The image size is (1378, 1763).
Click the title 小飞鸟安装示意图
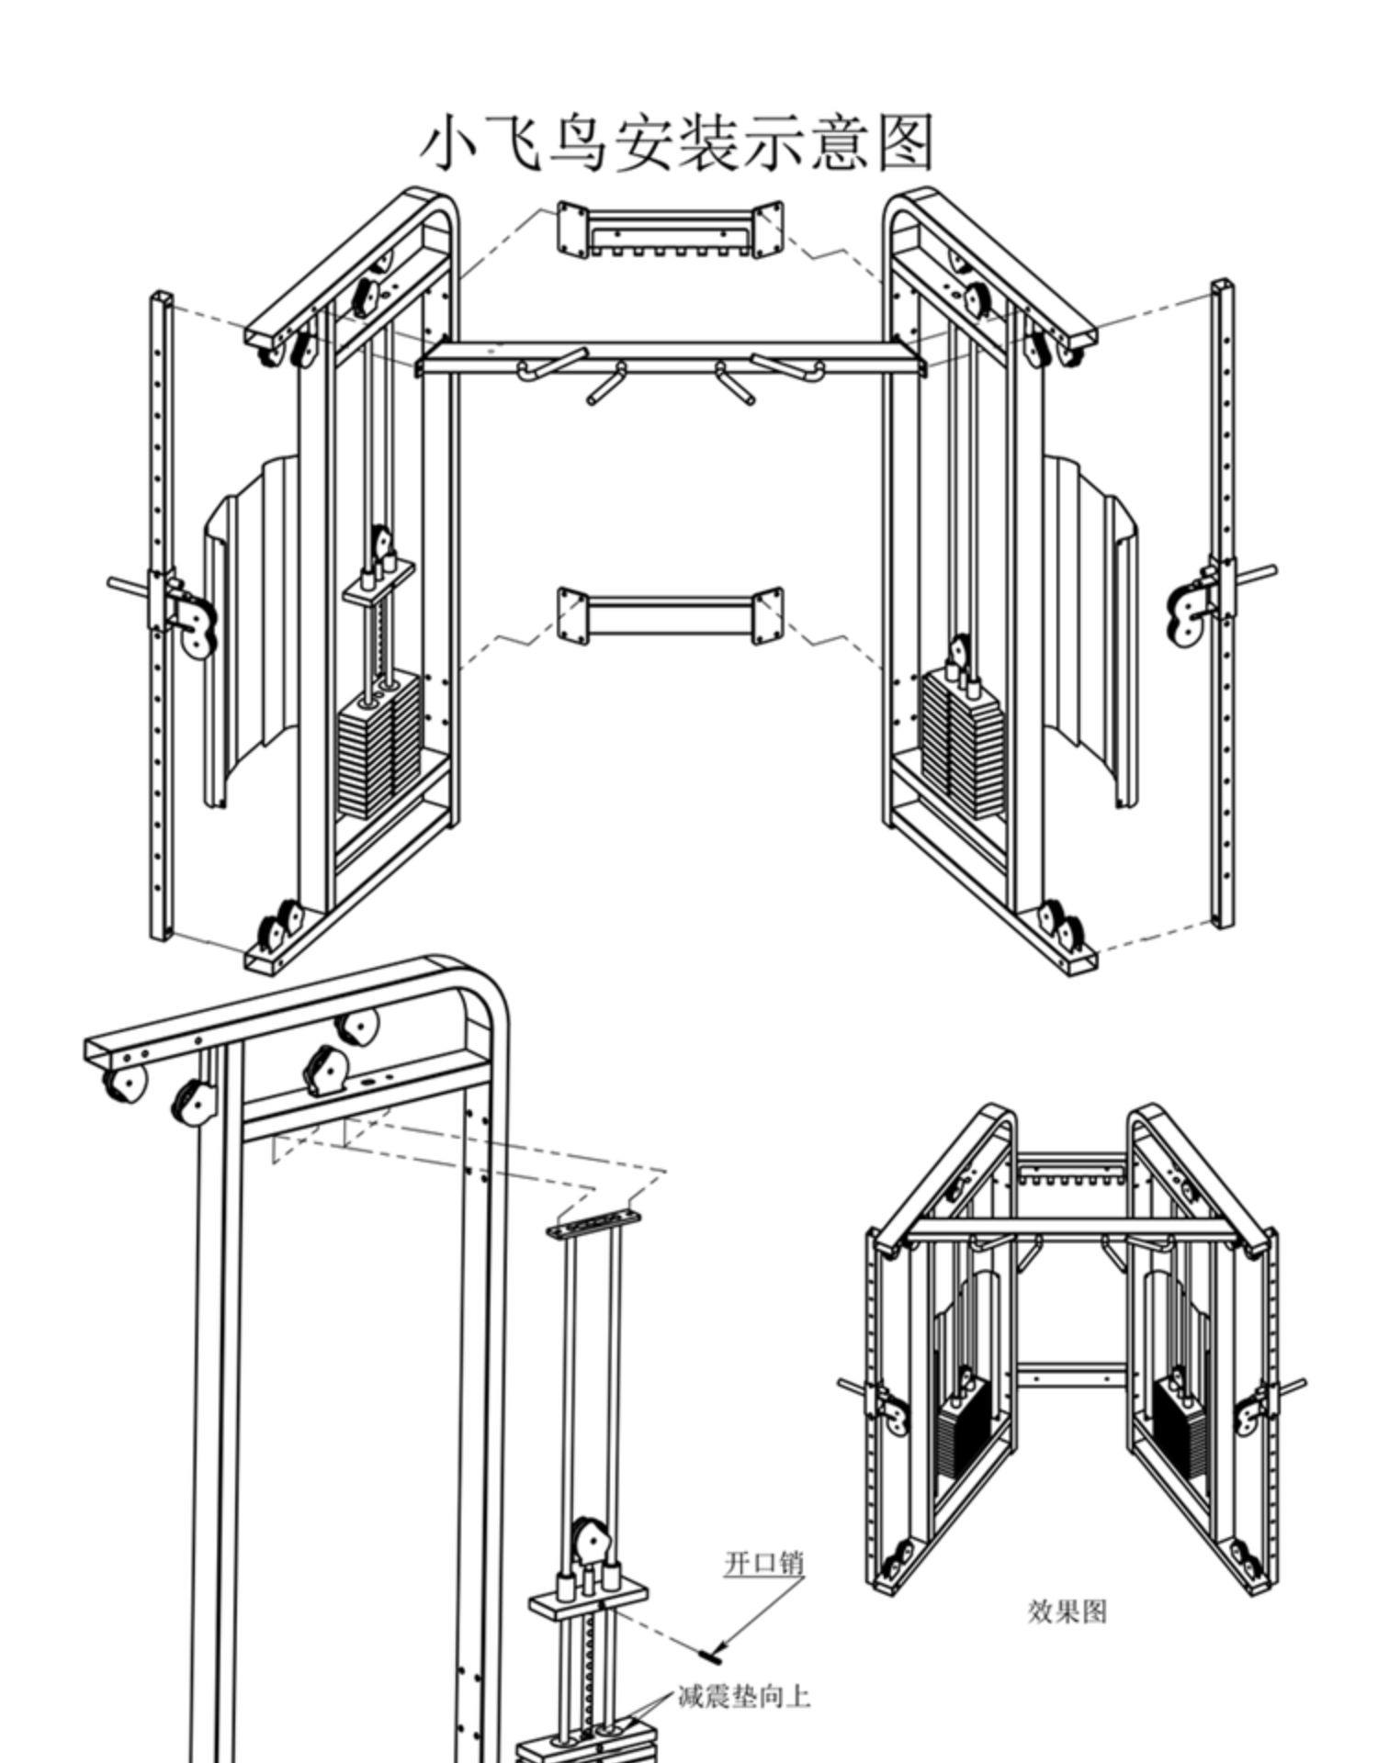[x=678, y=143]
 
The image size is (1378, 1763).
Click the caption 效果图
[x=1067, y=1611]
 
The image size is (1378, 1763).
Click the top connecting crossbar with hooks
[x=669, y=230]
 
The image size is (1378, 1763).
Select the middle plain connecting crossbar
[x=669, y=616]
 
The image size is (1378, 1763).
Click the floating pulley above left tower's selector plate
[x=380, y=544]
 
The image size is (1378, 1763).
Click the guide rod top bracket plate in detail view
[x=594, y=1222]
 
